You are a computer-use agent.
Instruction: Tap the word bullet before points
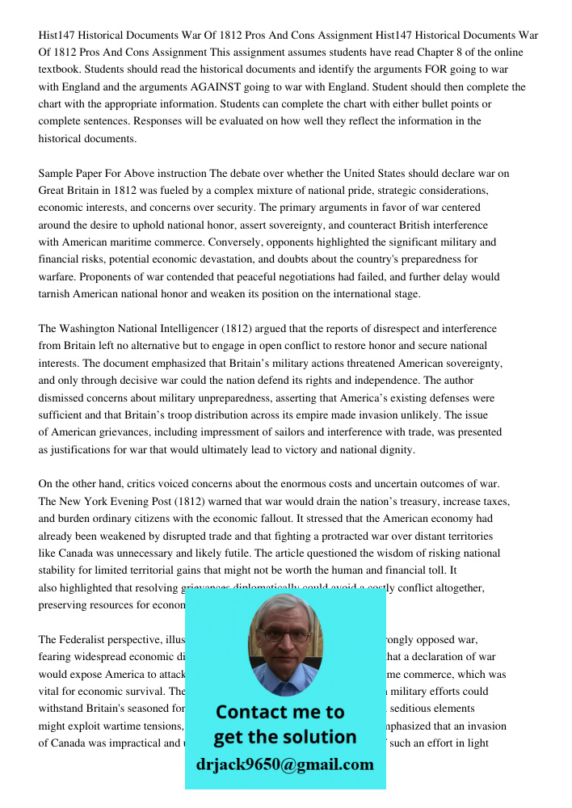(427, 104)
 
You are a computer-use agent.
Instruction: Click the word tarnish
(55, 294)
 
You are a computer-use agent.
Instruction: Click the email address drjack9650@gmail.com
(284, 764)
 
